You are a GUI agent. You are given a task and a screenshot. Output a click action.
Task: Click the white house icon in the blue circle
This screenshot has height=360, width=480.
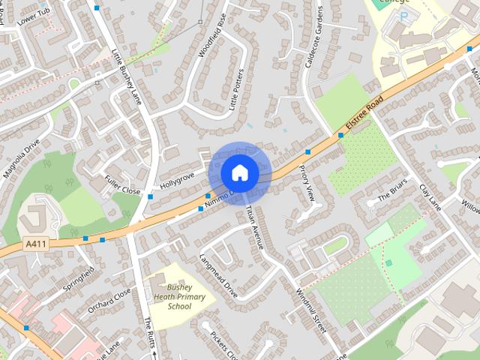[x=239, y=172]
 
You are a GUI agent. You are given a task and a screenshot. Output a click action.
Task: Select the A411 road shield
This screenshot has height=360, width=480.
[x=34, y=244]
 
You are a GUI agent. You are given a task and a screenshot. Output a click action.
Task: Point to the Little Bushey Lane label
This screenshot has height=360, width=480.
[x=127, y=74]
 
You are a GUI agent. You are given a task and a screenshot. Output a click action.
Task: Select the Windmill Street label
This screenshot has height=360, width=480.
[x=310, y=311]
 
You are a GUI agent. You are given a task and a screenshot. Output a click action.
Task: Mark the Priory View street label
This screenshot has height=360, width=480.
[x=307, y=184]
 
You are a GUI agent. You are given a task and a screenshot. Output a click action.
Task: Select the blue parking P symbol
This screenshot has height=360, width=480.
[x=404, y=16]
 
